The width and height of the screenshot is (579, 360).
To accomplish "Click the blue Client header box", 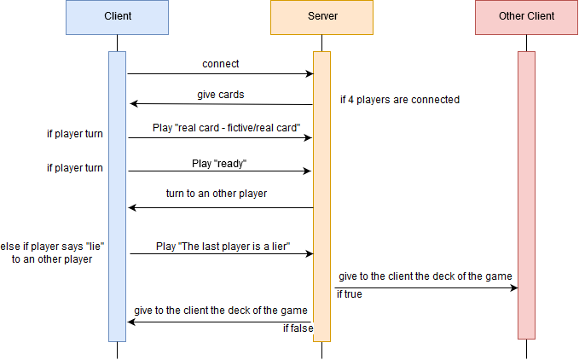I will [x=117, y=17].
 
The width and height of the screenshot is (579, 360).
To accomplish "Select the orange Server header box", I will [x=321, y=17].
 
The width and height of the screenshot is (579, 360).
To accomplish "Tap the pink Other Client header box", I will [x=526, y=17].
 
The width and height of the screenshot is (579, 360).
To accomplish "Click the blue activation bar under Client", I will [x=117, y=196].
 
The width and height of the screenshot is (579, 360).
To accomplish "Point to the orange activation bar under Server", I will [x=321, y=196].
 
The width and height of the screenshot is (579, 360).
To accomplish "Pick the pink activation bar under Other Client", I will [x=526, y=196].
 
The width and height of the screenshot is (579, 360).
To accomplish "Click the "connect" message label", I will [x=220, y=64].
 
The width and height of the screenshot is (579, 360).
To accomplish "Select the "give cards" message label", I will [x=220, y=95].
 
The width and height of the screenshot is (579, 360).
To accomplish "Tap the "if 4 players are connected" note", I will [x=400, y=100].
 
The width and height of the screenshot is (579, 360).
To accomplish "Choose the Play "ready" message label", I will [x=219, y=163].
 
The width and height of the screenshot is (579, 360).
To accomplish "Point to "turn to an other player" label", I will [x=217, y=194].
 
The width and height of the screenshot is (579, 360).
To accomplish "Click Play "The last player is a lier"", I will [x=223, y=247].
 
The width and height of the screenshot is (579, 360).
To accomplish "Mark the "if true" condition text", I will [x=350, y=294].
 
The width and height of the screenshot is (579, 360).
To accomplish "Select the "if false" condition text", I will [x=298, y=328].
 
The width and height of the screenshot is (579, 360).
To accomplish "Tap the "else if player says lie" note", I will [x=52, y=253].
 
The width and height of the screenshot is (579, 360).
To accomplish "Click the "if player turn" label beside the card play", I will [x=74, y=134].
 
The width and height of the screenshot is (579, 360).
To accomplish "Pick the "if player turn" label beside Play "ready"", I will [x=74, y=168].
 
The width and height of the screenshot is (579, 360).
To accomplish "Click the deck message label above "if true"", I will [x=425, y=276].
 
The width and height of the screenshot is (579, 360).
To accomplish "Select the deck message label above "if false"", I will [x=220, y=311].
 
